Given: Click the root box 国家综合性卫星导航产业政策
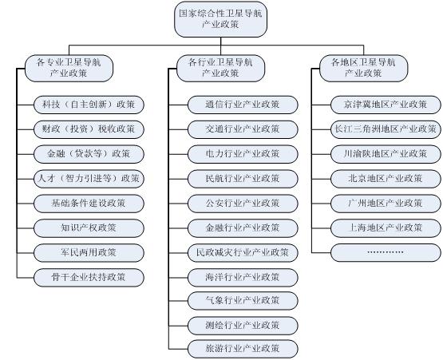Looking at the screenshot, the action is (220, 19).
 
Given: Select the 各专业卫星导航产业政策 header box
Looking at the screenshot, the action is (69, 69).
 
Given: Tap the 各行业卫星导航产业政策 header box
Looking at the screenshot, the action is (220, 69).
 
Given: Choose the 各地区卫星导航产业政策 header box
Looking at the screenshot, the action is (364, 69).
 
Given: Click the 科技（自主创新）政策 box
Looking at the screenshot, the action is (89, 105).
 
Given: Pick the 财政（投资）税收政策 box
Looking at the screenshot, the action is (89, 129).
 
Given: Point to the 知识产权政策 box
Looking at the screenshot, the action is (89, 228).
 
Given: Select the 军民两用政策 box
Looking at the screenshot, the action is (89, 252).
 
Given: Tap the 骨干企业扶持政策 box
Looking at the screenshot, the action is (89, 278).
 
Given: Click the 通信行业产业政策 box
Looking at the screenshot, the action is (243, 105).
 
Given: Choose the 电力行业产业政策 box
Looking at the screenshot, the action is (243, 154).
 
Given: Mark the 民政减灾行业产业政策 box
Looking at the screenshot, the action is (243, 252).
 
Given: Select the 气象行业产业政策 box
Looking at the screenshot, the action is (243, 301).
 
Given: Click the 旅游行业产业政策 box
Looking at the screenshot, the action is (243, 349).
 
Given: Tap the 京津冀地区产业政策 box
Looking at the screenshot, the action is (386, 105).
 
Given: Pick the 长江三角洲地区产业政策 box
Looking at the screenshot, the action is (386, 129).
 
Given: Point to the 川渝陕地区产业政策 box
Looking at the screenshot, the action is (386, 154).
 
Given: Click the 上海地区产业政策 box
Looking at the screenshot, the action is (386, 228).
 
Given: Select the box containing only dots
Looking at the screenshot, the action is (386, 252).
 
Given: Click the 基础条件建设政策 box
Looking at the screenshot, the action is (89, 204).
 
